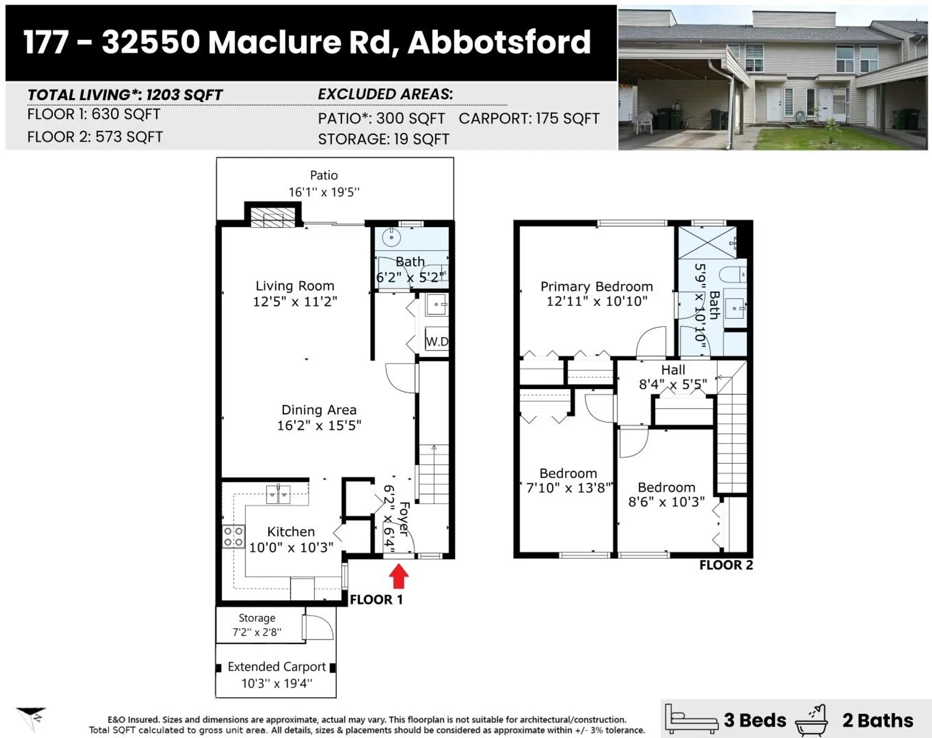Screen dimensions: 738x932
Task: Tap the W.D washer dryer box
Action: tap(436, 341)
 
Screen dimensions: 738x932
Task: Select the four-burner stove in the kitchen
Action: tap(233, 537)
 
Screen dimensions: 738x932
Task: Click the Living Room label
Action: tap(295, 286)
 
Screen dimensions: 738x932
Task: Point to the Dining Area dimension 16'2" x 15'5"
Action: tap(319, 426)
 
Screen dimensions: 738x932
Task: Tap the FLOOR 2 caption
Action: tap(726, 565)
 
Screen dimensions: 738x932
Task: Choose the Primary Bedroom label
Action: tap(597, 286)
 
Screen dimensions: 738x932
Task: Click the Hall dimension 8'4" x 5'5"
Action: tap(673, 385)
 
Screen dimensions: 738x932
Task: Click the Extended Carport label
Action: tap(277, 667)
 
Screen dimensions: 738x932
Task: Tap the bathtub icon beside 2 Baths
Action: tap(811, 721)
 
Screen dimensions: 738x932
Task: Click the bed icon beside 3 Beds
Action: tap(691, 719)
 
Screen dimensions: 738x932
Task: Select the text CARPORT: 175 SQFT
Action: tap(529, 118)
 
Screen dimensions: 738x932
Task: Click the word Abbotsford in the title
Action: tap(499, 42)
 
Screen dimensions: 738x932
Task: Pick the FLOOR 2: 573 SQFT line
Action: tap(95, 137)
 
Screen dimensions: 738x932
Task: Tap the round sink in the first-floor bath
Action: tap(391, 238)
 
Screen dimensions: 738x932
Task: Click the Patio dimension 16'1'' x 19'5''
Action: tap(324, 192)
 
